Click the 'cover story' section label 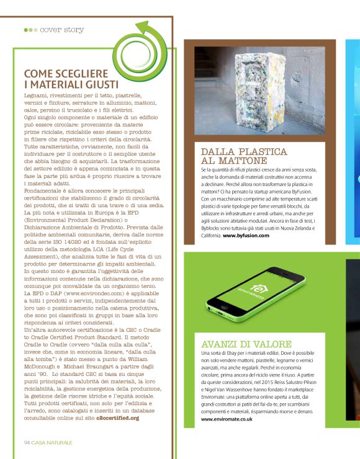62,29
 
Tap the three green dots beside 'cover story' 30,29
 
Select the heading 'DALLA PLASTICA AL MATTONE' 244,156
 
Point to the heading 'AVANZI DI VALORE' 246,344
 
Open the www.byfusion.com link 247,236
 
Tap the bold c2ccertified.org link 118,418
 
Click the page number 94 27,442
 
